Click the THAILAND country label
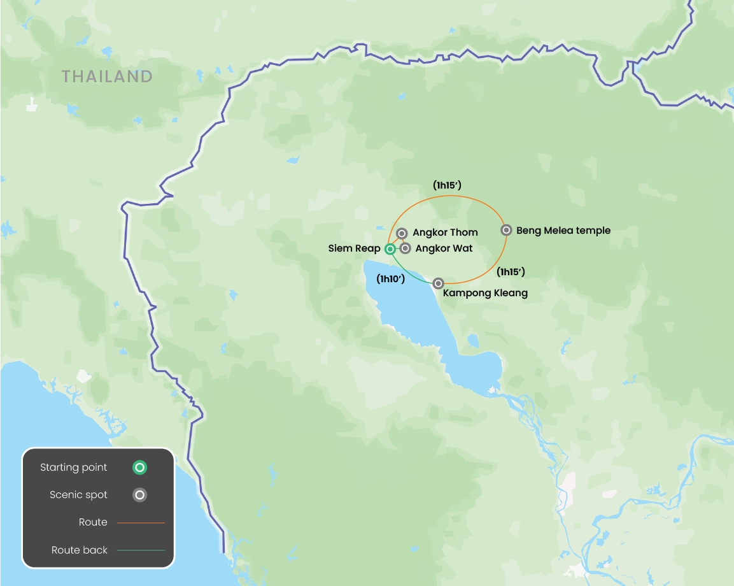tap(107, 77)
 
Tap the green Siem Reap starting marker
tap(390, 249)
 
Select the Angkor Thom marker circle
tap(402, 234)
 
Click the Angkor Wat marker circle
tap(405, 248)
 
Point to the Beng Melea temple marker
tap(506, 230)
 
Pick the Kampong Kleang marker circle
tap(438, 283)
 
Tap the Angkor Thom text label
tap(445, 232)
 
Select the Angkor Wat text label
tap(444, 248)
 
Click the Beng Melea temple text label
tap(563, 231)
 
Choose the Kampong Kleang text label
tap(484, 294)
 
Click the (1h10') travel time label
tap(391, 278)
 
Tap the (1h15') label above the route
tap(447, 185)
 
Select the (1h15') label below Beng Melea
tap(511, 271)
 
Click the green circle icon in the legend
tap(139, 468)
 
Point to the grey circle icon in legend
tap(139, 495)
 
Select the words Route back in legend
tap(80, 550)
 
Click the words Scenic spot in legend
tap(79, 495)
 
